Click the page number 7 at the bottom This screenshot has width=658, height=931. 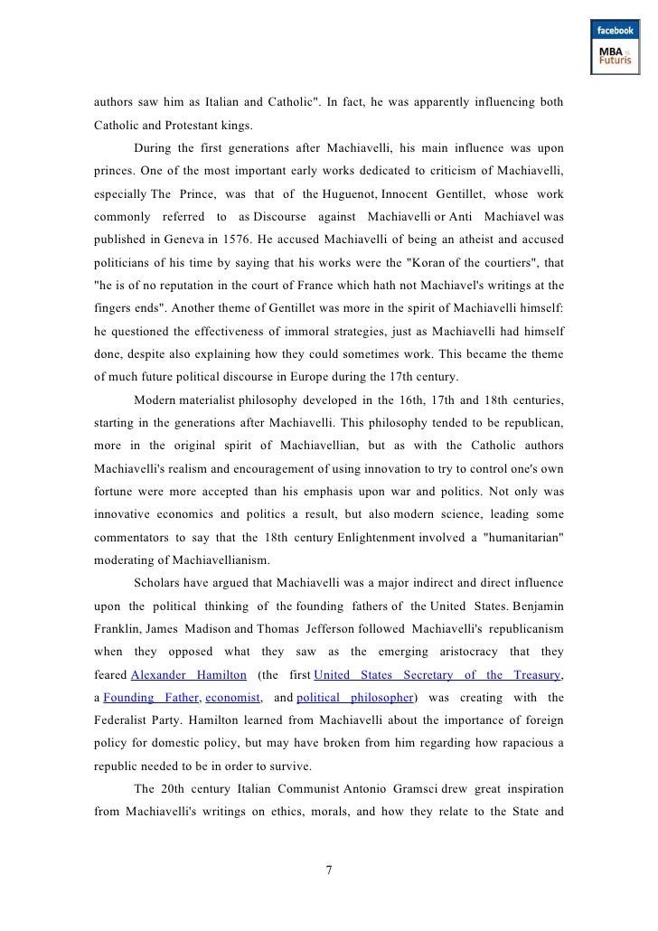[x=329, y=870]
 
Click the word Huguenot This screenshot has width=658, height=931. [x=349, y=192]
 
